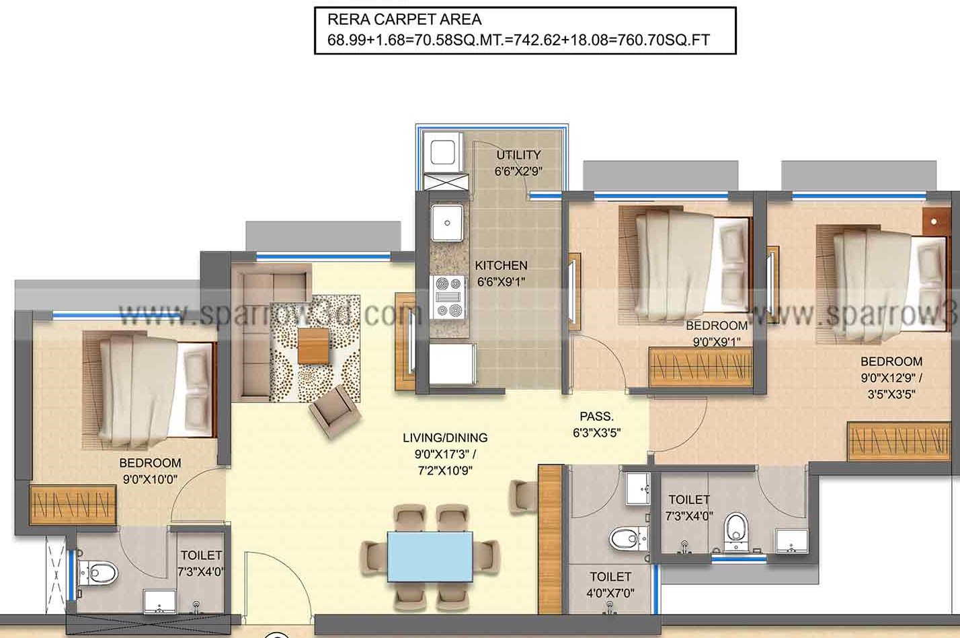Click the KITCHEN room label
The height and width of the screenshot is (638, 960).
501,266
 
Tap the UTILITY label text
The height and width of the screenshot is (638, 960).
518,155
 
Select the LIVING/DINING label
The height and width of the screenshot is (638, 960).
445,437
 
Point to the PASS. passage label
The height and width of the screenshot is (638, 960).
596,416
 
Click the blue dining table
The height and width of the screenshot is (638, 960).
430,557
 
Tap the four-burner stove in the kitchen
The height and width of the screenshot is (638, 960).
448,297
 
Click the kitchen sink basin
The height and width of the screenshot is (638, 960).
447,223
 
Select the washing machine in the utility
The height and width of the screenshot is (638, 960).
443,152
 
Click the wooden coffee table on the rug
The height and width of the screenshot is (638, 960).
313,345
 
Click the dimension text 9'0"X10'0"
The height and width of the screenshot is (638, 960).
150,479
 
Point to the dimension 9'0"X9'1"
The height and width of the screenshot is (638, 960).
717,341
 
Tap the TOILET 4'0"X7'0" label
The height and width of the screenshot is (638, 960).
610,584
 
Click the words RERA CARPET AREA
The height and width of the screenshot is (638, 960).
404,20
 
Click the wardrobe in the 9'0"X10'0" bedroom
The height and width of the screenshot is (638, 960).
73,505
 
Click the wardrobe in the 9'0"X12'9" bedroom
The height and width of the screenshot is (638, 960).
899,441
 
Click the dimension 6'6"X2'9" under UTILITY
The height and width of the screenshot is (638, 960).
518,171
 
